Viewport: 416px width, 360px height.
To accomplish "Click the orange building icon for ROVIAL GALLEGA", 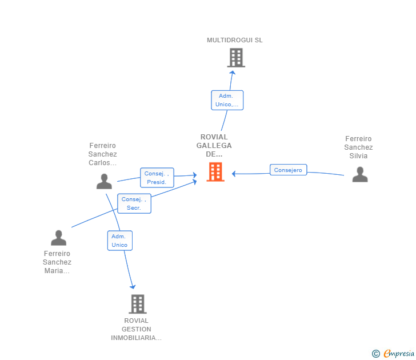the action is tap(215, 172).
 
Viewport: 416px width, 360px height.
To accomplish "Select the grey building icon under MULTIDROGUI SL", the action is tap(236, 58).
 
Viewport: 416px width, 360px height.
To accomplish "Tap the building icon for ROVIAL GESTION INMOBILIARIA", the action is tap(138, 304).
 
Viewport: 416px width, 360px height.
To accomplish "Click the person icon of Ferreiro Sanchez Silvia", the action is tap(360, 174).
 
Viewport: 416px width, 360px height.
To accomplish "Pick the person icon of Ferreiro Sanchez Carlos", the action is tap(104, 181).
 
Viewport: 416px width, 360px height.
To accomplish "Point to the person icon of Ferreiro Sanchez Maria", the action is tap(59, 238).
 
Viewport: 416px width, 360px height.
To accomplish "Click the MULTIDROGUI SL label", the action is tap(235, 40).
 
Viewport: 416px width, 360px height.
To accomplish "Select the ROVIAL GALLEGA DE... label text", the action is tap(214, 145).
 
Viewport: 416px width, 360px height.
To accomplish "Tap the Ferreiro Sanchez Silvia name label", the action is tap(358, 147).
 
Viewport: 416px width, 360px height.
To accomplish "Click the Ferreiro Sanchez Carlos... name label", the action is tap(103, 154).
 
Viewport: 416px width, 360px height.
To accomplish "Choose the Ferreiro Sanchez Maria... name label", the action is tap(57, 262).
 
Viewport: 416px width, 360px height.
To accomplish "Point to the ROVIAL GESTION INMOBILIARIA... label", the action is tap(137, 329).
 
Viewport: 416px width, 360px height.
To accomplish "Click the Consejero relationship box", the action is tap(289, 170).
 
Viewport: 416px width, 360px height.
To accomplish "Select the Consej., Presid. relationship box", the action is tap(157, 178).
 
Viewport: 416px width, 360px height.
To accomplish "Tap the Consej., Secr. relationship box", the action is tap(134, 203).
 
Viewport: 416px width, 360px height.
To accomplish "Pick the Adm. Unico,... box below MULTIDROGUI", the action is tap(227, 100).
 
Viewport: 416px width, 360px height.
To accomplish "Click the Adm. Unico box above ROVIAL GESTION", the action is tap(120, 241).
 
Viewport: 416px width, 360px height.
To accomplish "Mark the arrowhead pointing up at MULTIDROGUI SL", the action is tap(233, 73).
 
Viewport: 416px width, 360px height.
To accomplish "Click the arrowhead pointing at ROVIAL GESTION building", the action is tap(133, 287).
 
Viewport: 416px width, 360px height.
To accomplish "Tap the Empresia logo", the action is tap(393, 353).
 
